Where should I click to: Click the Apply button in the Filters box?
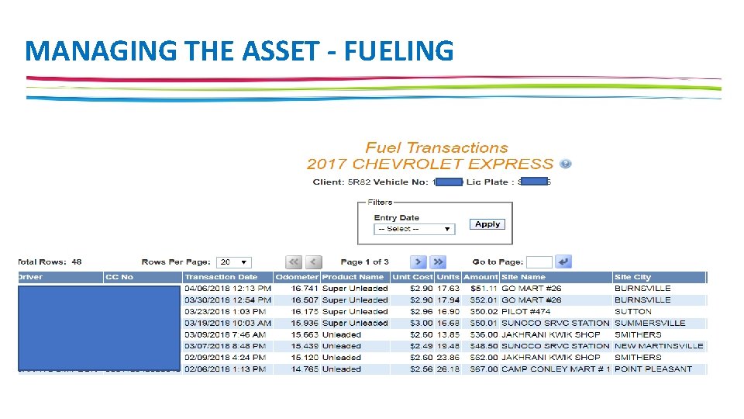(x=487, y=224)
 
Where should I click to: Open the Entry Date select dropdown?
(x=414, y=229)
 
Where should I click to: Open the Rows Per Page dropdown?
(x=234, y=262)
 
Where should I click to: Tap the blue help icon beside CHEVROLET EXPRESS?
(x=566, y=164)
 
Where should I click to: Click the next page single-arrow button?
(x=418, y=262)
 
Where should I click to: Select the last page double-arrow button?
(x=438, y=262)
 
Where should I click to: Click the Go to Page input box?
(x=539, y=262)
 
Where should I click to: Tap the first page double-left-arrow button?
(x=294, y=262)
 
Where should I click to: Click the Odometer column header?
(x=297, y=277)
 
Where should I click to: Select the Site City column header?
(x=632, y=277)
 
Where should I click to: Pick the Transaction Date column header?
(x=221, y=277)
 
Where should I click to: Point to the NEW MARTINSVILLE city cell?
(x=659, y=346)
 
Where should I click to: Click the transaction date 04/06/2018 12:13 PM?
(x=227, y=289)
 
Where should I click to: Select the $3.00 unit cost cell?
(x=422, y=323)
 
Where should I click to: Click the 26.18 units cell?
(x=448, y=369)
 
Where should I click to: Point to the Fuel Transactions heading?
(x=437, y=147)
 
